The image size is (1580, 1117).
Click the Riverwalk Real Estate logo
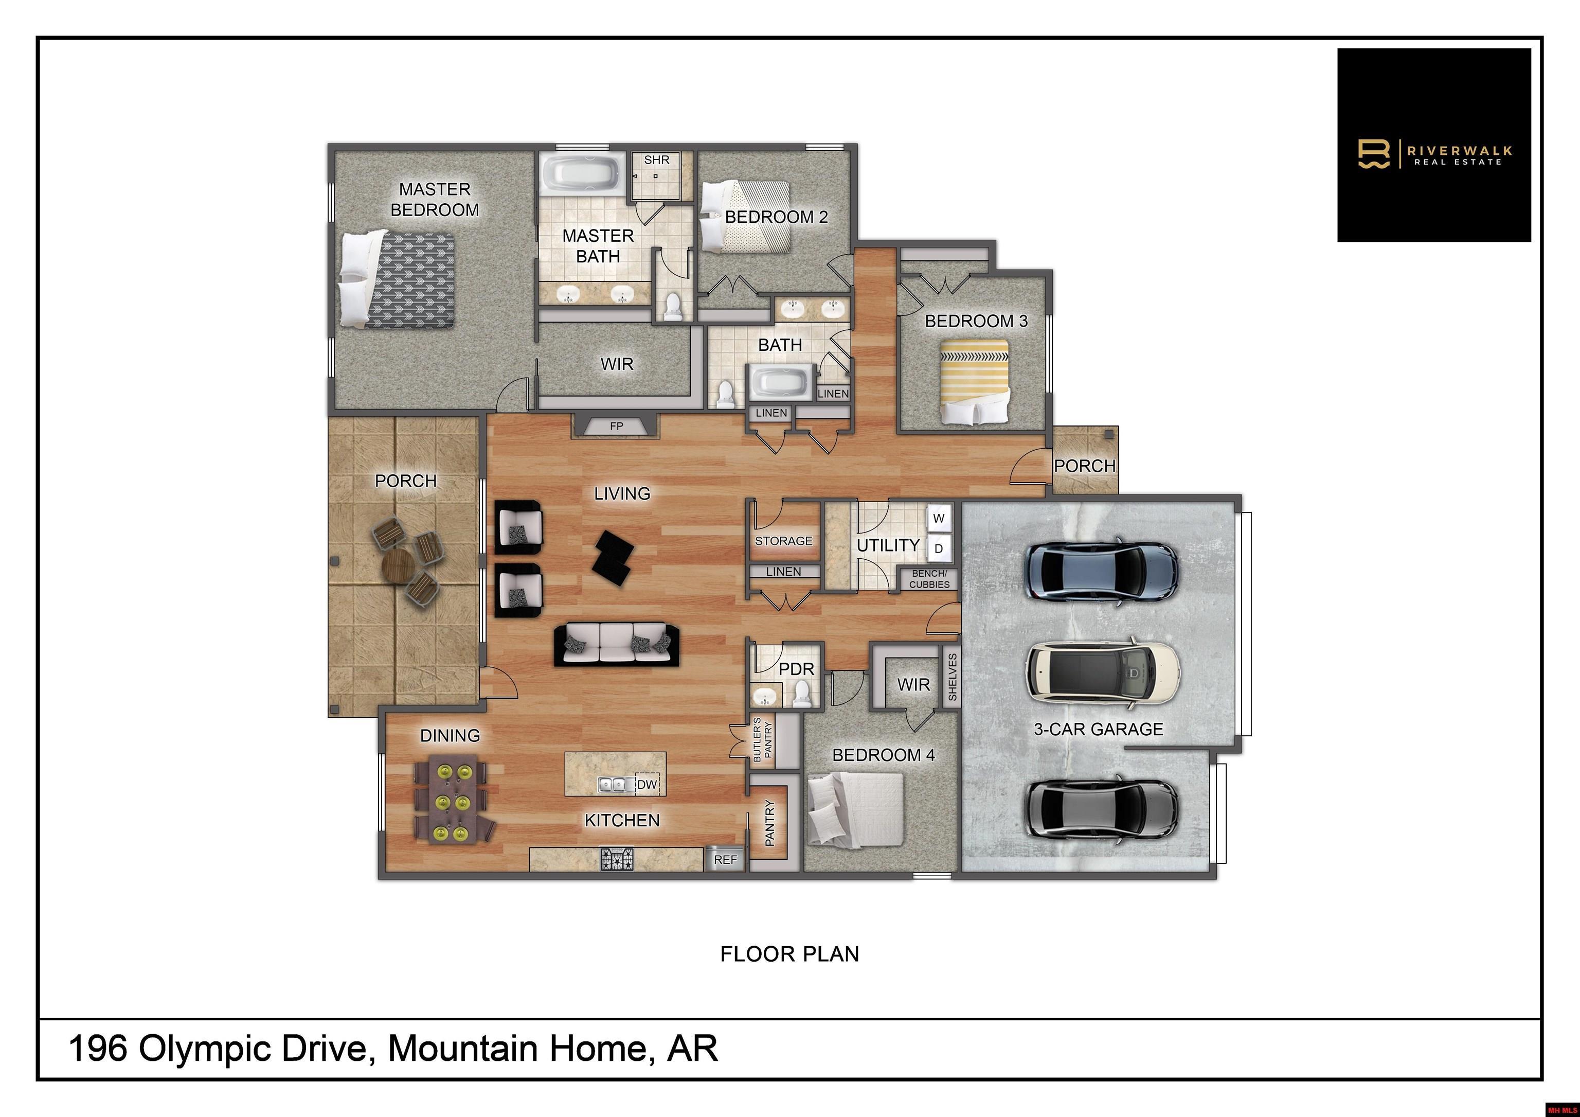click(x=1434, y=145)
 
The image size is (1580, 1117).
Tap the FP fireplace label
click(x=617, y=427)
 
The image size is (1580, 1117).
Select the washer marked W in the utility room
click(x=939, y=518)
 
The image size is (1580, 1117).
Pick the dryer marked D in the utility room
click(x=939, y=548)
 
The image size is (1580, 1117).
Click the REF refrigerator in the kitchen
click(x=725, y=859)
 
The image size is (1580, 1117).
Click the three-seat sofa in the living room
click(x=617, y=644)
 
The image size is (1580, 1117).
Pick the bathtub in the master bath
click(x=582, y=173)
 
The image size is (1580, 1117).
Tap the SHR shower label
click(x=656, y=159)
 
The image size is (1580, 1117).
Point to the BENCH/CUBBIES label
click(x=929, y=579)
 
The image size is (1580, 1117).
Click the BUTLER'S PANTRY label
click(x=762, y=739)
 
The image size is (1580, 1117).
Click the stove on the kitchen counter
click(x=617, y=859)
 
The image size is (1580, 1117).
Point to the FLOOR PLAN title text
click(x=789, y=954)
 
